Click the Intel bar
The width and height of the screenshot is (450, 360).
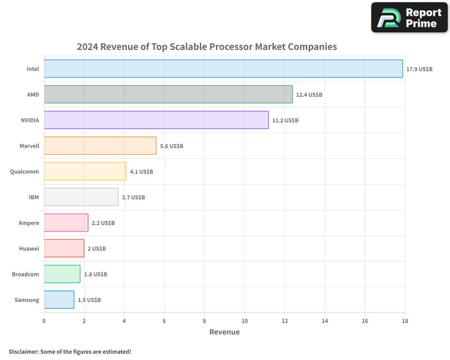click(x=223, y=69)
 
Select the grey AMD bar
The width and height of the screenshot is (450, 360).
click(x=168, y=94)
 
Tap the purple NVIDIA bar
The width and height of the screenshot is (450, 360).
click(x=156, y=120)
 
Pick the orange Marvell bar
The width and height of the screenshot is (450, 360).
click(x=100, y=146)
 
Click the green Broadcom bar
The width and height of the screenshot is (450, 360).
click(x=62, y=274)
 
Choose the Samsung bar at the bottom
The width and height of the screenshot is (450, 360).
click(x=59, y=300)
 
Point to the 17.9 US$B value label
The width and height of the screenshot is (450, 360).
click(x=419, y=69)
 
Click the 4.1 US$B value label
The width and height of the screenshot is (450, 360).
click(x=141, y=172)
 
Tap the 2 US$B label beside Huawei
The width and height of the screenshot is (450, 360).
click(x=96, y=249)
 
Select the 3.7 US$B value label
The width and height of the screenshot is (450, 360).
click(x=133, y=198)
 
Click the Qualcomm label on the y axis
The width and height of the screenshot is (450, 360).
click(x=24, y=171)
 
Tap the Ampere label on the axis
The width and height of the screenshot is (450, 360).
click(x=29, y=223)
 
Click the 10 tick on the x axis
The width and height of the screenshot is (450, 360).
click(x=244, y=321)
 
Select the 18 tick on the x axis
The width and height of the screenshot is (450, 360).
click(x=405, y=321)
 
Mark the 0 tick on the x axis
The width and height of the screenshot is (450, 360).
click(x=44, y=321)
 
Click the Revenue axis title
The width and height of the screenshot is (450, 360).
click(x=225, y=332)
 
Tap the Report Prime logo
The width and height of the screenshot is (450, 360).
click(x=409, y=18)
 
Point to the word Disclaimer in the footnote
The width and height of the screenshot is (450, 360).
click(x=23, y=351)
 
